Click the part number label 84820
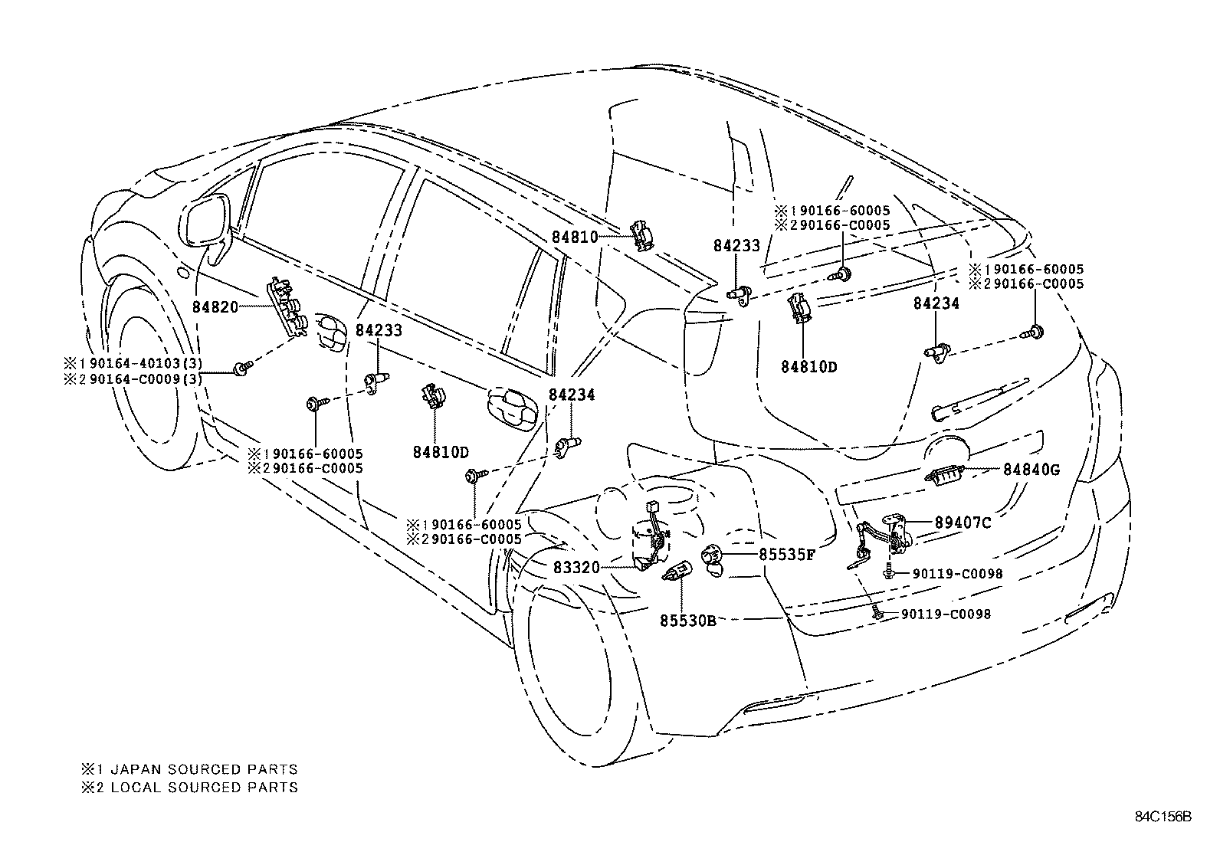click(x=215, y=306)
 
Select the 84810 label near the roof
click(x=575, y=238)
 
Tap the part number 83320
click(x=576, y=567)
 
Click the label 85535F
click(x=787, y=554)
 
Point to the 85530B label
click(x=687, y=620)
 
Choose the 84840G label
click(x=1031, y=470)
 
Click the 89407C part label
click(x=963, y=523)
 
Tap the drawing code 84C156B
click(x=1163, y=816)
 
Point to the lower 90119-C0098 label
click(x=946, y=614)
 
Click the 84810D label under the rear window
click(x=809, y=366)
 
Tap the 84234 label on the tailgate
click(x=936, y=304)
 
